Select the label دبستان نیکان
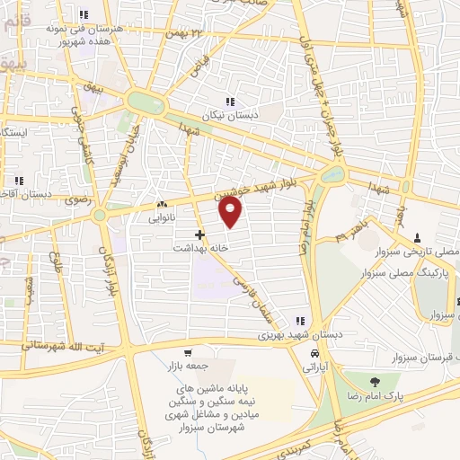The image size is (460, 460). click(253, 114)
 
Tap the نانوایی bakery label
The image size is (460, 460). click(150, 217)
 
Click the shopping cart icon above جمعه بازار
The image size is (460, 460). click(187, 353)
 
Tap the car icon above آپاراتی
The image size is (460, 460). click(314, 354)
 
